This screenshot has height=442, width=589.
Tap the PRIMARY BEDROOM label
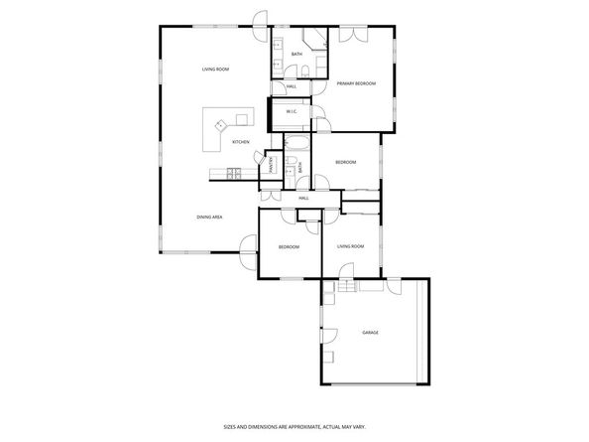tap(355, 83)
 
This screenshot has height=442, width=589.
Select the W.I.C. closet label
tap(293, 112)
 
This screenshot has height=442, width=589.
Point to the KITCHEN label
tap(240, 142)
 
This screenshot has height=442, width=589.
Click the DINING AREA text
tap(208, 217)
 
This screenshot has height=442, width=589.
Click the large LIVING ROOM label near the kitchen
tap(215, 69)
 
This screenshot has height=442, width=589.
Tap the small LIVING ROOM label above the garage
tap(350, 245)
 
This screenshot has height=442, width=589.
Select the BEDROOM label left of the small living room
tap(289, 246)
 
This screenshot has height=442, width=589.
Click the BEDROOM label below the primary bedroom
tap(345, 162)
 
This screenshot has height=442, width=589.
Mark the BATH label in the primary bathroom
tap(296, 54)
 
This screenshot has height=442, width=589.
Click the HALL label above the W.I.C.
tap(292, 86)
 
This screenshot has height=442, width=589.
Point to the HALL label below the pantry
tap(303, 199)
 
